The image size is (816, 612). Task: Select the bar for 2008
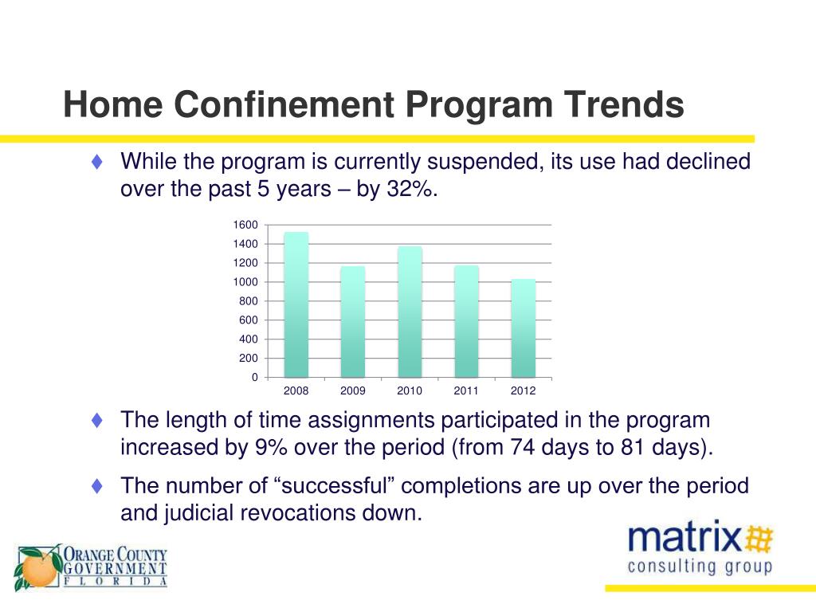tap(296, 305)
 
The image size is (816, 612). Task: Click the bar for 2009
tap(353, 322)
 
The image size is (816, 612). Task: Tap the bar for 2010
tap(410, 312)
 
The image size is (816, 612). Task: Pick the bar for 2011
tap(466, 322)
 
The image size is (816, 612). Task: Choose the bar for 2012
tap(523, 328)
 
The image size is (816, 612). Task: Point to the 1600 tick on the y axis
tap(245, 225)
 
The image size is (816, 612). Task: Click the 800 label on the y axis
tap(249, 301)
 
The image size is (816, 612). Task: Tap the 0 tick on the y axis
tap(255, 378)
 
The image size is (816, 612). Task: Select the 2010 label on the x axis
tap(410, 391)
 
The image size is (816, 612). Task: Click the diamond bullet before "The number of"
tap(97, 485)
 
